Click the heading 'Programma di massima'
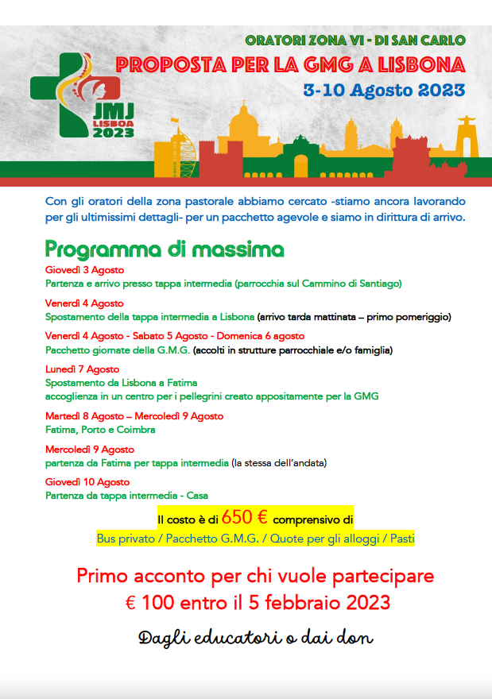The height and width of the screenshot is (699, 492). [x=164, y=249]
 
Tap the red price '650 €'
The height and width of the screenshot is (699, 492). [x=245, y=518]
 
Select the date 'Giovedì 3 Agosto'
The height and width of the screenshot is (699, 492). [x=79, y=270]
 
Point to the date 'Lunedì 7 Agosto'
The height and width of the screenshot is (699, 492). [x=82, y=369]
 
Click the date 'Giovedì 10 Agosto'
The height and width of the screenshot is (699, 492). [x=87, y=482]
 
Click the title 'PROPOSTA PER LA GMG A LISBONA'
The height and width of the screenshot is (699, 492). [x=289, y=64]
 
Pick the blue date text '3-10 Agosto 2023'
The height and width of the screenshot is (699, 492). [x=384, y=90]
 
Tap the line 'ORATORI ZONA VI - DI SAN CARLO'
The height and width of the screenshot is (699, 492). [x=354, y=40]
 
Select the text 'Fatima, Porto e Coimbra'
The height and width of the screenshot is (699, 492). [x=100, y=430]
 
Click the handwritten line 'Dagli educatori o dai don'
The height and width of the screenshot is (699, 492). [x=255, y=637]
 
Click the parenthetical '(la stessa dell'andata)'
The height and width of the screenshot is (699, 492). [x=279, y=462]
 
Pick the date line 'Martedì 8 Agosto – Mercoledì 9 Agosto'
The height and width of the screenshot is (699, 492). [x=134, y=416]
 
